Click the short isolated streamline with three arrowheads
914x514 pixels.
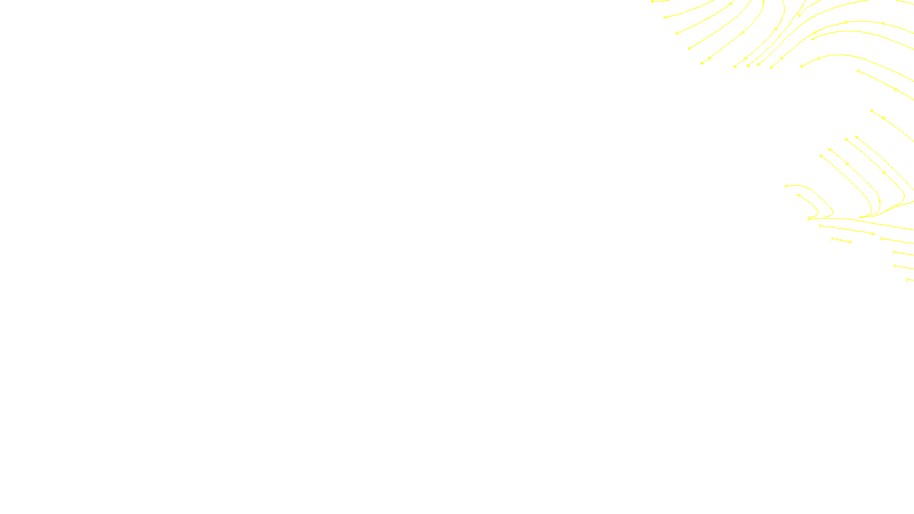point(841,240)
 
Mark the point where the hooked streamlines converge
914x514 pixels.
point(810,218)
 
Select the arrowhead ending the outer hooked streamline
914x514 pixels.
point(786,186)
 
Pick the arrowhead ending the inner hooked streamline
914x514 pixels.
point(799,195)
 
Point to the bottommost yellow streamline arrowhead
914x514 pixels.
point(908,279)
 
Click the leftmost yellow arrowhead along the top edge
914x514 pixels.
point(652,2)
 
